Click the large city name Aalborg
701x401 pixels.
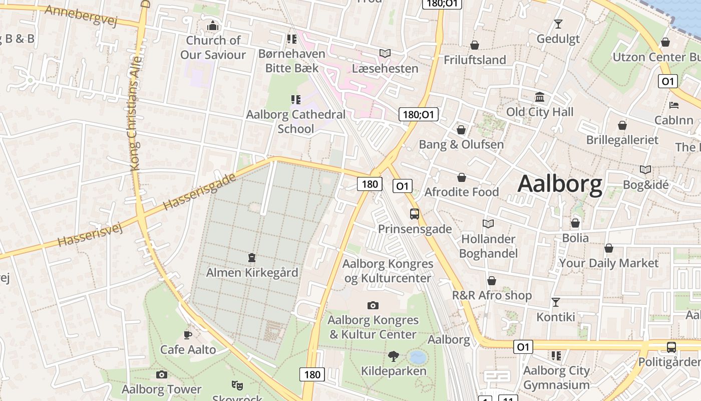(x=560, y=184)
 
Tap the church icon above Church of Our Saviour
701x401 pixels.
(x=213, y=26)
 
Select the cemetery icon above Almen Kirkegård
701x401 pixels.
(x=252, y=258)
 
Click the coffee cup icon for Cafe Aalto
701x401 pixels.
(x=188, y=334)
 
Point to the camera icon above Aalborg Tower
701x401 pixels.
(x=161, y=374)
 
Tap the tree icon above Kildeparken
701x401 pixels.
(x=394, y=356)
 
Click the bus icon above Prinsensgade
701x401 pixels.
(x=415, y=214)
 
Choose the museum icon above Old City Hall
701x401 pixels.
(x=540, y=97)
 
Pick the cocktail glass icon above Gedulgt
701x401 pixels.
(x=558, y=24)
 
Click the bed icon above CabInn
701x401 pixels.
(x=674, y=105)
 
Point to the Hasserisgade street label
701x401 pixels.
(x=199, y=191)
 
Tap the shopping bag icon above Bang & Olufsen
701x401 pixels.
(x=461, y=130)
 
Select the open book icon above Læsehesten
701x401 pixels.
(x=385, y=53)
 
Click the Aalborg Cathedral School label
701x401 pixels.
(x=296, y=121)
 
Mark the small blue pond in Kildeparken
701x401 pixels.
(x=417, y=357)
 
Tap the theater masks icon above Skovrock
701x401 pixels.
(x=237, y=385)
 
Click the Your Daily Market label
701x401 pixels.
(x=608, y=263)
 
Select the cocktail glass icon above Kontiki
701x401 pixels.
(x=556, y=302)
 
